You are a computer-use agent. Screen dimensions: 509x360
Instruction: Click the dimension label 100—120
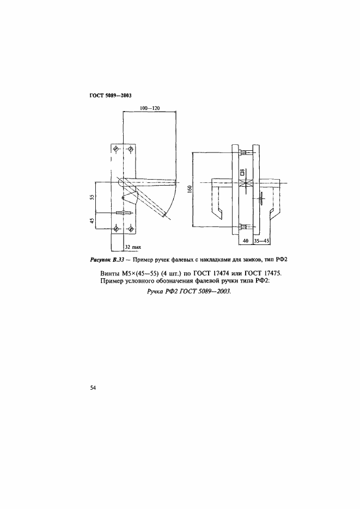coord(149,108)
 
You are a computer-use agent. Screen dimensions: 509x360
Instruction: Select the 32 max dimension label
coord(133,247)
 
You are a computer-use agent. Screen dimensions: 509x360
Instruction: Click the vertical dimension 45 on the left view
coord(93,220)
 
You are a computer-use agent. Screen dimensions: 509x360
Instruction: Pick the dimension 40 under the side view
coord(245,240)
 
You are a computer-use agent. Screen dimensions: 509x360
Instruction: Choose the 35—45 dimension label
coord(261,240)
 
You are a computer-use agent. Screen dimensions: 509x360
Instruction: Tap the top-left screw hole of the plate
coord(116,149)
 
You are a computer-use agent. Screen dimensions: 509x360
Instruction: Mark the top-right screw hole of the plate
coord(130,149)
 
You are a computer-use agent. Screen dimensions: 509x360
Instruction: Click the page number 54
coord(93,388)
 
